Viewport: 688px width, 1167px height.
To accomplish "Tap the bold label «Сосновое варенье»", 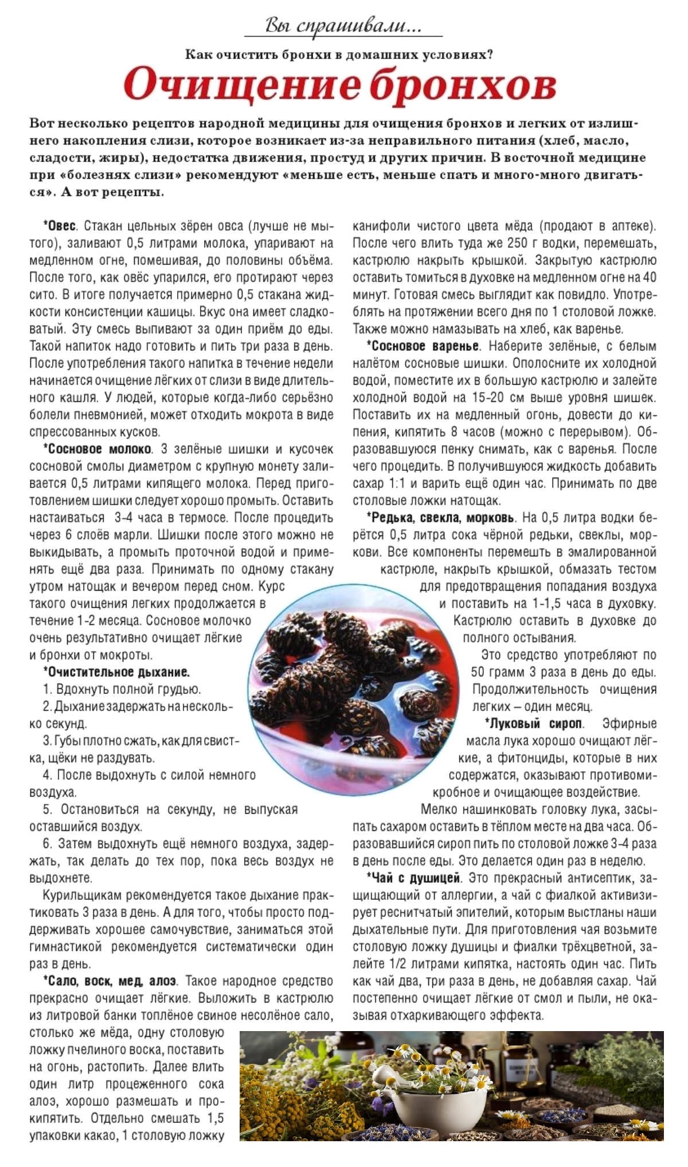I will tap(425, 346).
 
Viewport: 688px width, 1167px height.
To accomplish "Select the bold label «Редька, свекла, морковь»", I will tap(443, 518).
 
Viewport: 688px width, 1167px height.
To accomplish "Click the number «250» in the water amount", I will tap(517, 243).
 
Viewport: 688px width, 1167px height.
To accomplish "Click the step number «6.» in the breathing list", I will tap(48, 844).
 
